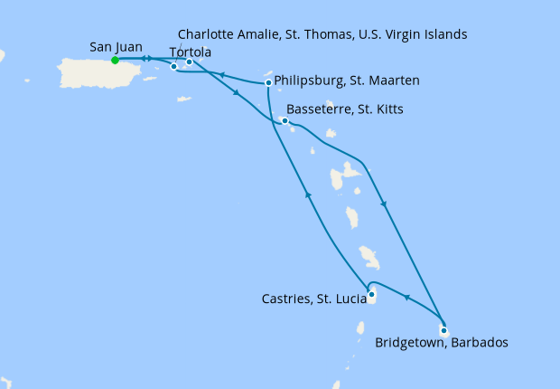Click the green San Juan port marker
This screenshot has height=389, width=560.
click(115, 61)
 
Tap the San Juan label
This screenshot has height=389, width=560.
click(117, 46)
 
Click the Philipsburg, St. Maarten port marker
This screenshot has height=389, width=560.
click(269, 83)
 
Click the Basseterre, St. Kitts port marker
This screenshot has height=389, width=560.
click(285, 121)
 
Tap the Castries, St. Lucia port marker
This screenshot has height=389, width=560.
click(372, 292)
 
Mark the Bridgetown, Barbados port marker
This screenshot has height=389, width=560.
click(443, 330)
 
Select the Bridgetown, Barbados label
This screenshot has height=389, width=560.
click(441, 344)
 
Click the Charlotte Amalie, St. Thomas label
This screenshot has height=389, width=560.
click(322, 34)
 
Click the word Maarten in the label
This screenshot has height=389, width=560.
click(393, 81)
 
